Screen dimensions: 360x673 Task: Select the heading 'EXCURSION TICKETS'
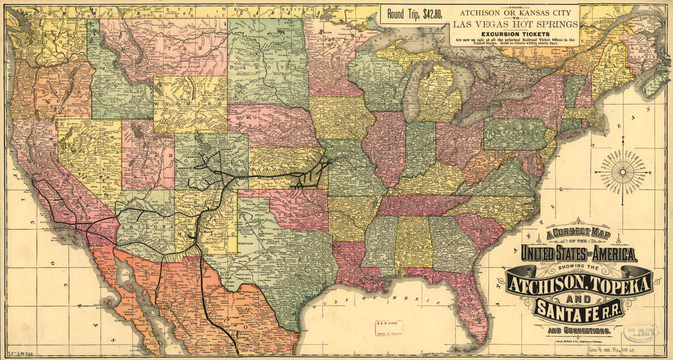tap(514, 34)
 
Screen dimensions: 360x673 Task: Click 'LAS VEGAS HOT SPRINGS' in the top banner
tap(515, 24)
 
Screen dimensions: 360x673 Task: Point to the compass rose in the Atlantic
tap(623, 173)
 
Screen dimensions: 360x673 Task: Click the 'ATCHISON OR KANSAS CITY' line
tap(515, 13)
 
